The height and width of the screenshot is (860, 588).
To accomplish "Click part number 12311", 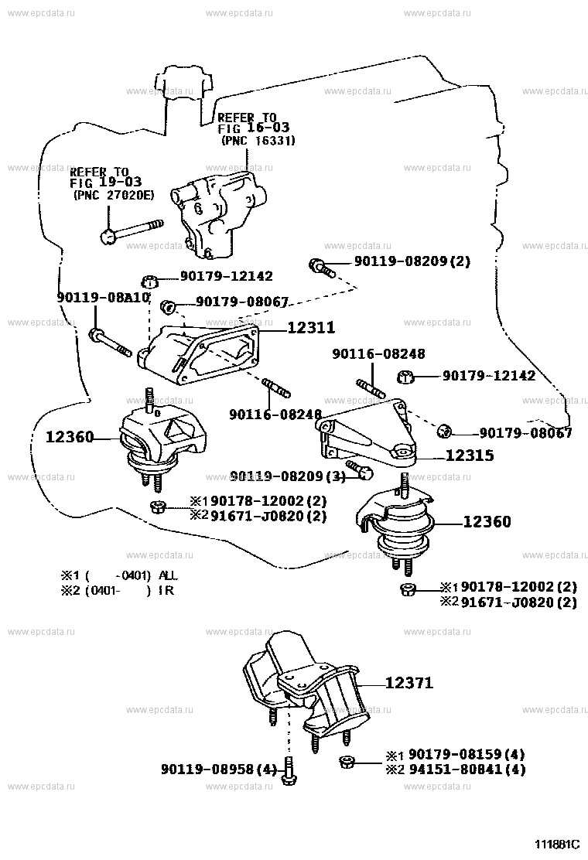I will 311,328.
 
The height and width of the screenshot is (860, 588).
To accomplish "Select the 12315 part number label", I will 470,456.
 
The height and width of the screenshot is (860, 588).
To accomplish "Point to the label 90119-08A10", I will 102,297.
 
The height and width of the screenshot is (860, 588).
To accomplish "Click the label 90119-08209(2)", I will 412,261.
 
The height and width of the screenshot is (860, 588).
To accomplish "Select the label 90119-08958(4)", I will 218,770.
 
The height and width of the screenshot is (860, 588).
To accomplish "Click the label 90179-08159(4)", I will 467,754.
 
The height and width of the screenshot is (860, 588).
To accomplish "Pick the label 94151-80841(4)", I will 467,770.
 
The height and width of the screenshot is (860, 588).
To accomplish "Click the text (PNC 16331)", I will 258,141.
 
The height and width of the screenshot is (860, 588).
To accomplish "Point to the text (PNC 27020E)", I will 113,196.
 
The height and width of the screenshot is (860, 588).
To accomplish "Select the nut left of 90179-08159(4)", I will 347,764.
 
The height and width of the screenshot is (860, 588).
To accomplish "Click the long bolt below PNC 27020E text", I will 132,230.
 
